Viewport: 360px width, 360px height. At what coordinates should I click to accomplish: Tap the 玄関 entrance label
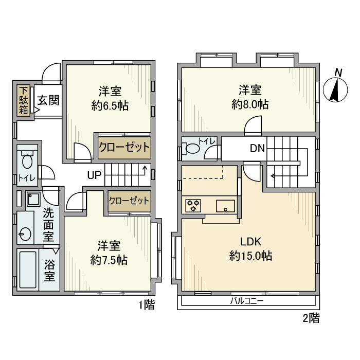tap(47, 99)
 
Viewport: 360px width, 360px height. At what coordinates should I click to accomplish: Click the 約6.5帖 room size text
tap(110, 106)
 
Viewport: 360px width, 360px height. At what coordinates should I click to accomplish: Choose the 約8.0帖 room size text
tap(249, 104)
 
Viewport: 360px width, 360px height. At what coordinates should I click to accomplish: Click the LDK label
tap(250, 241)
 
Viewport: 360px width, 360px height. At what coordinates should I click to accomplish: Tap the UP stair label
tap(94, 175)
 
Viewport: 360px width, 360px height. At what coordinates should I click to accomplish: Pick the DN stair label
tap(257, 149)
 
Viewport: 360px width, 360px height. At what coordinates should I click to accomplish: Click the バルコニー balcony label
tap(246, 301)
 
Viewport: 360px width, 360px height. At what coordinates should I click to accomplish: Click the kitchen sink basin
tap(226, 206)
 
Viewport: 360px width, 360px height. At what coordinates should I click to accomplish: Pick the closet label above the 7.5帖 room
tap(129, 200)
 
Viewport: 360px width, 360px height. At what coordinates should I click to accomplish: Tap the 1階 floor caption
tap(146, 305)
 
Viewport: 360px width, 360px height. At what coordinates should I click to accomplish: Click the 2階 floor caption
tap(311, 318)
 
